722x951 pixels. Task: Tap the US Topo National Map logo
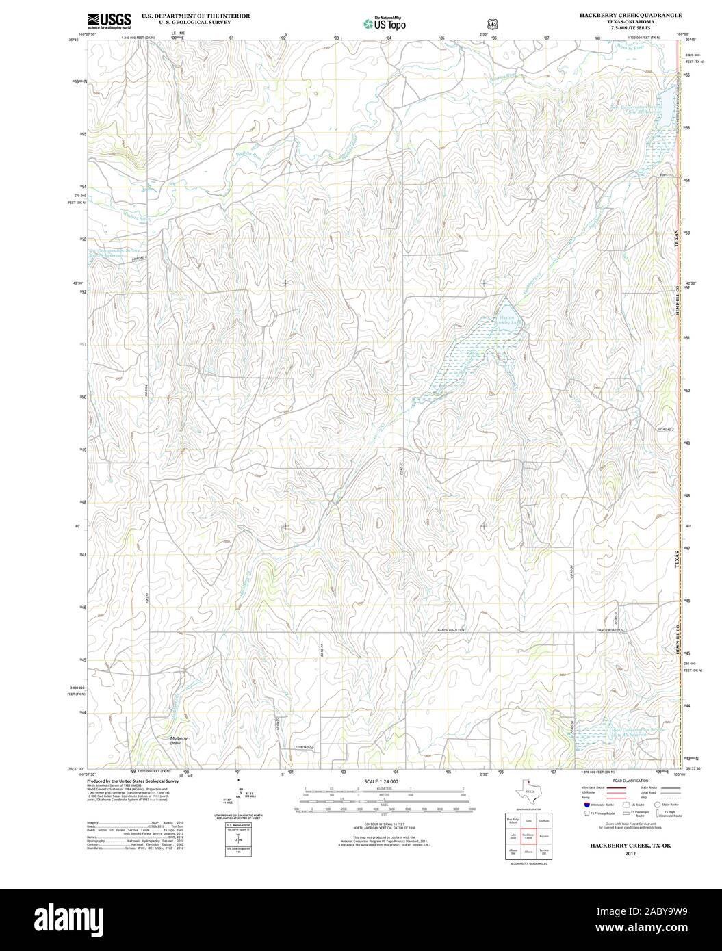point(385,23)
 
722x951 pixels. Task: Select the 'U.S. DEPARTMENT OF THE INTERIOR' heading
point(195,15)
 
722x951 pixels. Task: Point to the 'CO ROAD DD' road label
point(305,747)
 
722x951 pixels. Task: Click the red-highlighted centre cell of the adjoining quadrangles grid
point(528,835)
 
